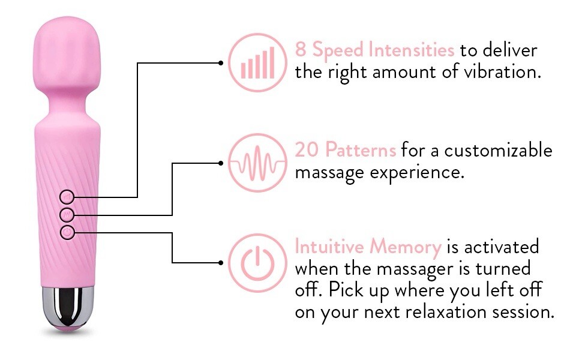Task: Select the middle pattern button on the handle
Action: coord(67,214)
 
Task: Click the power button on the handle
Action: coord(67,232)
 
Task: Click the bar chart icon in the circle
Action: coord(257,62)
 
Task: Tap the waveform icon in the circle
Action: coord(257,163)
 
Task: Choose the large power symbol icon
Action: coord(257,263)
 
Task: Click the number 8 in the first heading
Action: coord(300,49)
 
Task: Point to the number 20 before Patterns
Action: coord(307,150)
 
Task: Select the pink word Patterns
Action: coord(361,150)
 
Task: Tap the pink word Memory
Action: coord(406,247)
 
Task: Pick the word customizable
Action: coord(498,150)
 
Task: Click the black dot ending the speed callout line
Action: coord(221,63)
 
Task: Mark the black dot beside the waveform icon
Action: coord(221,163)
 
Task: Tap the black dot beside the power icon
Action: coord(221,262)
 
